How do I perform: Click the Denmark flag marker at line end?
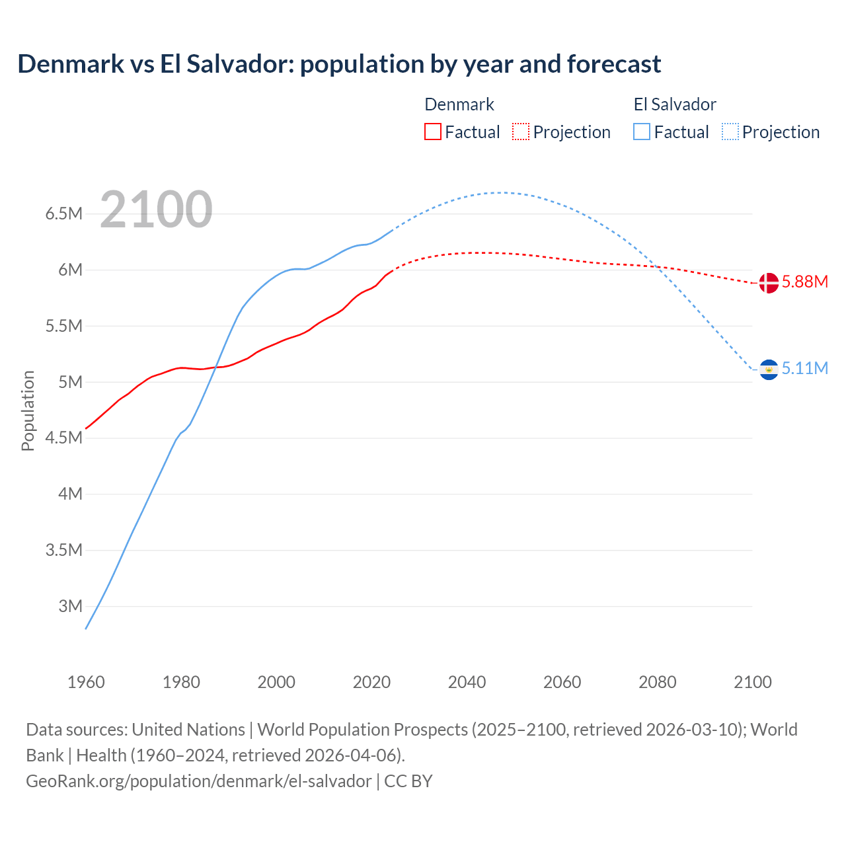[x=768, y=283]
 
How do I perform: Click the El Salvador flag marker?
[x=768, y=369]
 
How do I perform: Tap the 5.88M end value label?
[x=804, y=282]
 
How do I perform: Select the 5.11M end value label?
[x=804, y=369]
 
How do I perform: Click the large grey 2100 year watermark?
[x=156, y=210]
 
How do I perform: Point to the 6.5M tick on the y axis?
[x=63, y=214]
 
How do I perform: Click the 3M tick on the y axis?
[x=70, y=606]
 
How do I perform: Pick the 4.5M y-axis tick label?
[x=63, y=438]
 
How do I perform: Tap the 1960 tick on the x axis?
[x=86, y=682]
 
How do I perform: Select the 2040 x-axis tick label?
[x=467, y=682]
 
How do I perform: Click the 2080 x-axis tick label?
[x=657, y=682]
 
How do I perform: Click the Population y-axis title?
[x=28, y=410]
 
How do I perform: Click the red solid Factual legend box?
[x=432, y=132]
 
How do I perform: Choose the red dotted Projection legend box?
[x=520, y=132]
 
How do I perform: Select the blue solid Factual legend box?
[x=641, y=132]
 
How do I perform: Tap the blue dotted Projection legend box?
[x=730, y=132]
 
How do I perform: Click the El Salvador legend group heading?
[x=675, y=105]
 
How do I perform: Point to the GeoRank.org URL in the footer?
[x=198, y=781]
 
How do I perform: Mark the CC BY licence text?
[x=408, y=781]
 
